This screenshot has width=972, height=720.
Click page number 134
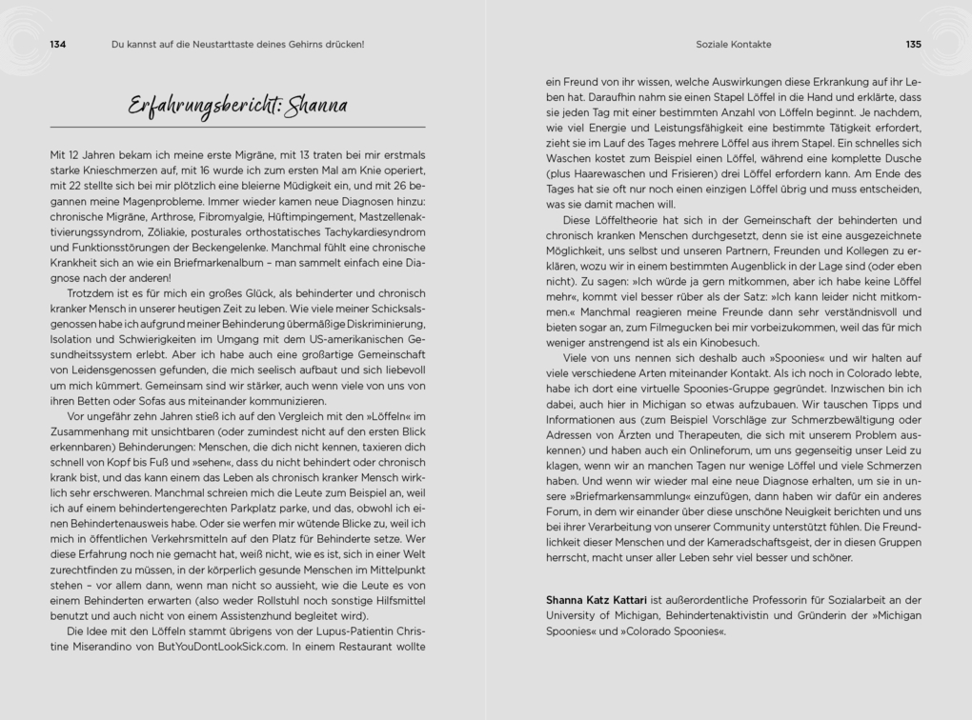click(57, 45)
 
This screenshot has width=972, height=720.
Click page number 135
click(913, 45)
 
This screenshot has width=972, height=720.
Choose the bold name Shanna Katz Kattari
click(597, 600)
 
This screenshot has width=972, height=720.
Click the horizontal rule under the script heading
click(237, 127)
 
